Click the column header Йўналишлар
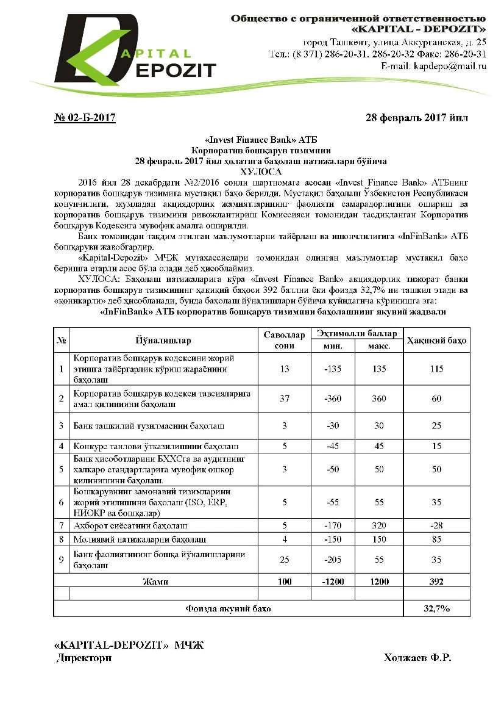(163, 340)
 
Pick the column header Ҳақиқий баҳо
(436, 340)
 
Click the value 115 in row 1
(436, 369)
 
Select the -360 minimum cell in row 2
(332, 398)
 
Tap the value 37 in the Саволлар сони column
(284, 398)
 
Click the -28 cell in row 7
(436, 525)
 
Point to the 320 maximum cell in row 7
(379, 525)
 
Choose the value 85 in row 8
(436, 539)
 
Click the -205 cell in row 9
(332, 560)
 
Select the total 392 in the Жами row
(436, 582)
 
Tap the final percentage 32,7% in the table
(436, 608)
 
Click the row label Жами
(156, 582)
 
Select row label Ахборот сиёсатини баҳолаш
(130, 525)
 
